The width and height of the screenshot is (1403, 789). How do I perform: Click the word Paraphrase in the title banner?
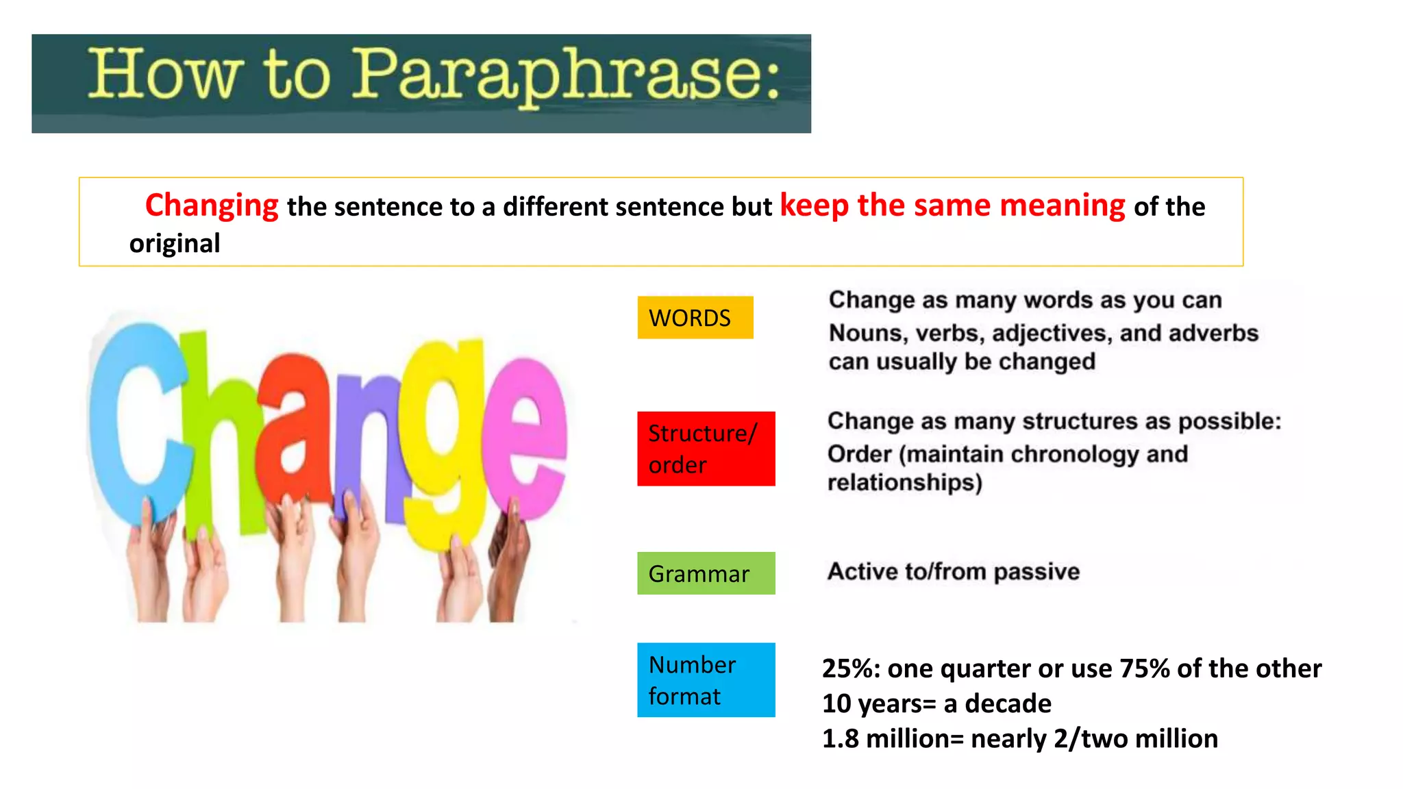pyautogui.click(x=565, y=75)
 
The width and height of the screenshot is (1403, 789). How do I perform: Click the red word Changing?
pyautogui.click(x=212, y=205)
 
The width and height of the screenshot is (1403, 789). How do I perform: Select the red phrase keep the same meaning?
pyautogui.click(x=952, y=205)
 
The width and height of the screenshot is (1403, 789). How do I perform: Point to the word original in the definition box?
pyautogui.click(x=175, y=244)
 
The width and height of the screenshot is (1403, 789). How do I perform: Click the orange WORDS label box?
pyautogui.click(x=695, y=318)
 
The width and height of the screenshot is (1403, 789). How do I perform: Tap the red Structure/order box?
pyautogui.click(x=706, y=449)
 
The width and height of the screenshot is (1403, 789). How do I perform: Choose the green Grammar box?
pyautogui.click(x=706, y=573)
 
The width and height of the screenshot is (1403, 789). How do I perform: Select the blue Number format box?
pyautogui.click(x=706, y=679)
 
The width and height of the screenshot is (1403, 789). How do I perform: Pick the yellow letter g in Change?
pyautogui.click(x=445, y=438)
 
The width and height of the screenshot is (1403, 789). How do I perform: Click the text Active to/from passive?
pyautogui.click(x=953, y=571)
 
